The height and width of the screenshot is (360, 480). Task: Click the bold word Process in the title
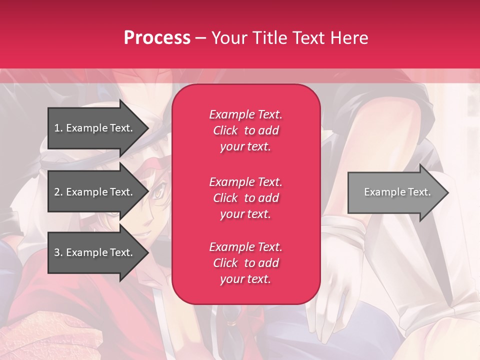click(x=157, y=38)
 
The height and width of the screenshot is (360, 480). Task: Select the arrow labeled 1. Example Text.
click(x=95, y=128)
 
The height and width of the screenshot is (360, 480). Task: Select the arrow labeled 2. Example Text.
click(x=95, y=192)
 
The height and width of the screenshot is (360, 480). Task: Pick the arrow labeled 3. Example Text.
click(x=95, y=252)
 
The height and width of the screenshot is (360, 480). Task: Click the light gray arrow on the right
click(x=395, y=192)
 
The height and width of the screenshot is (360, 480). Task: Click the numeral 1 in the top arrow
click(x=56, y=128)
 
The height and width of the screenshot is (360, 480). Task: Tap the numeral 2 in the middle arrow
click(x=56, y=192)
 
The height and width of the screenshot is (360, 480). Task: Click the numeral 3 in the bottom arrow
click(x=56, y=252)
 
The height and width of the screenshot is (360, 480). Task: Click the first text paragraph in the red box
click(x=245, y=130)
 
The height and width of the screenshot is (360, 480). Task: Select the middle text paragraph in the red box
click(x=245, y=198)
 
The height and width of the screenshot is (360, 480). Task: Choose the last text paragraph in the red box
click(x=245, y=263)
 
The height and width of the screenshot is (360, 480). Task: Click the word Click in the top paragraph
click(x=225, y=130)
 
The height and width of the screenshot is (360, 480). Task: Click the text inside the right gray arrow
click(x=397, y=192)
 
